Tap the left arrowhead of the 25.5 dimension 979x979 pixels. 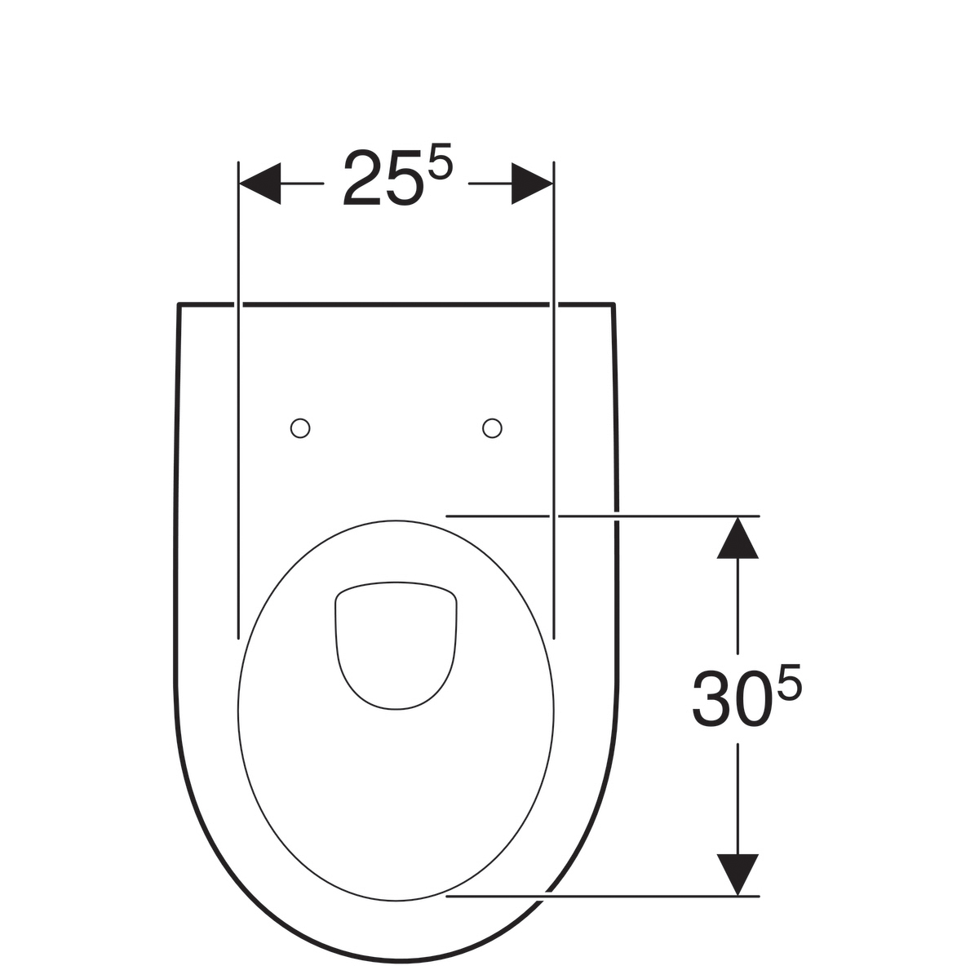click(259, 184)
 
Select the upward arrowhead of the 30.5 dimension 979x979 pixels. click(738, 537)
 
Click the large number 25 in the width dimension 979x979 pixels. click(383, 178)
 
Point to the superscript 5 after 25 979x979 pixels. click(440, 160)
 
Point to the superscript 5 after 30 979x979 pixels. click(789, 680)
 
